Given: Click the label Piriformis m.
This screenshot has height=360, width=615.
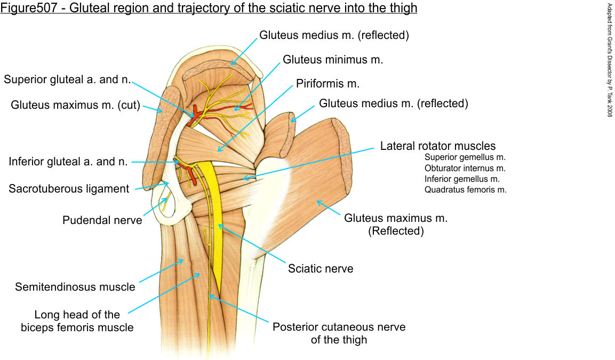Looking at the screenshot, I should [328, 84].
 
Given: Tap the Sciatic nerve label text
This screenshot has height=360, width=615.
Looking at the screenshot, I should [321, 269].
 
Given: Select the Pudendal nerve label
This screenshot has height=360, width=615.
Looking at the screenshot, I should [102, 220].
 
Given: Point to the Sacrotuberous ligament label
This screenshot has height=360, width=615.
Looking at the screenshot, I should [69, 189].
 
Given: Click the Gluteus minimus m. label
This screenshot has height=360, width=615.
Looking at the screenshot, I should [333, 60].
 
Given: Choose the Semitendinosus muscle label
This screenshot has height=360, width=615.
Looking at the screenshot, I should [75, 287].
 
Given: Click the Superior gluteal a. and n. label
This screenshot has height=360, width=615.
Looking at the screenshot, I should [67, 79].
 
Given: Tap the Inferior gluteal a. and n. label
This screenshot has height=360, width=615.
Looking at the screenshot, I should [68, 162].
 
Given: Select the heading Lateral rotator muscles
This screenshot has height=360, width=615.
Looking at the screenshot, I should [438, 146].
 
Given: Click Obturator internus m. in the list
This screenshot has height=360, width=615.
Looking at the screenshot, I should [465, 168].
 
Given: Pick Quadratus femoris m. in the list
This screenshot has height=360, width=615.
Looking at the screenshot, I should [465, 189].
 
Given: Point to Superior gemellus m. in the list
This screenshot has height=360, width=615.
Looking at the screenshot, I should [465, 157].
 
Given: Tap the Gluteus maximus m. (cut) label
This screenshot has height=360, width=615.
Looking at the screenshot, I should [75, 105].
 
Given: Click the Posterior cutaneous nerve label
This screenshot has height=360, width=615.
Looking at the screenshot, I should [339, 327].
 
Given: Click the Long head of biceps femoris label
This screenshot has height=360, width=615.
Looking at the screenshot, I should [77, 321].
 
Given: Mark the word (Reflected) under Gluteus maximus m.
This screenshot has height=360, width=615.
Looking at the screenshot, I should [396, 231].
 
